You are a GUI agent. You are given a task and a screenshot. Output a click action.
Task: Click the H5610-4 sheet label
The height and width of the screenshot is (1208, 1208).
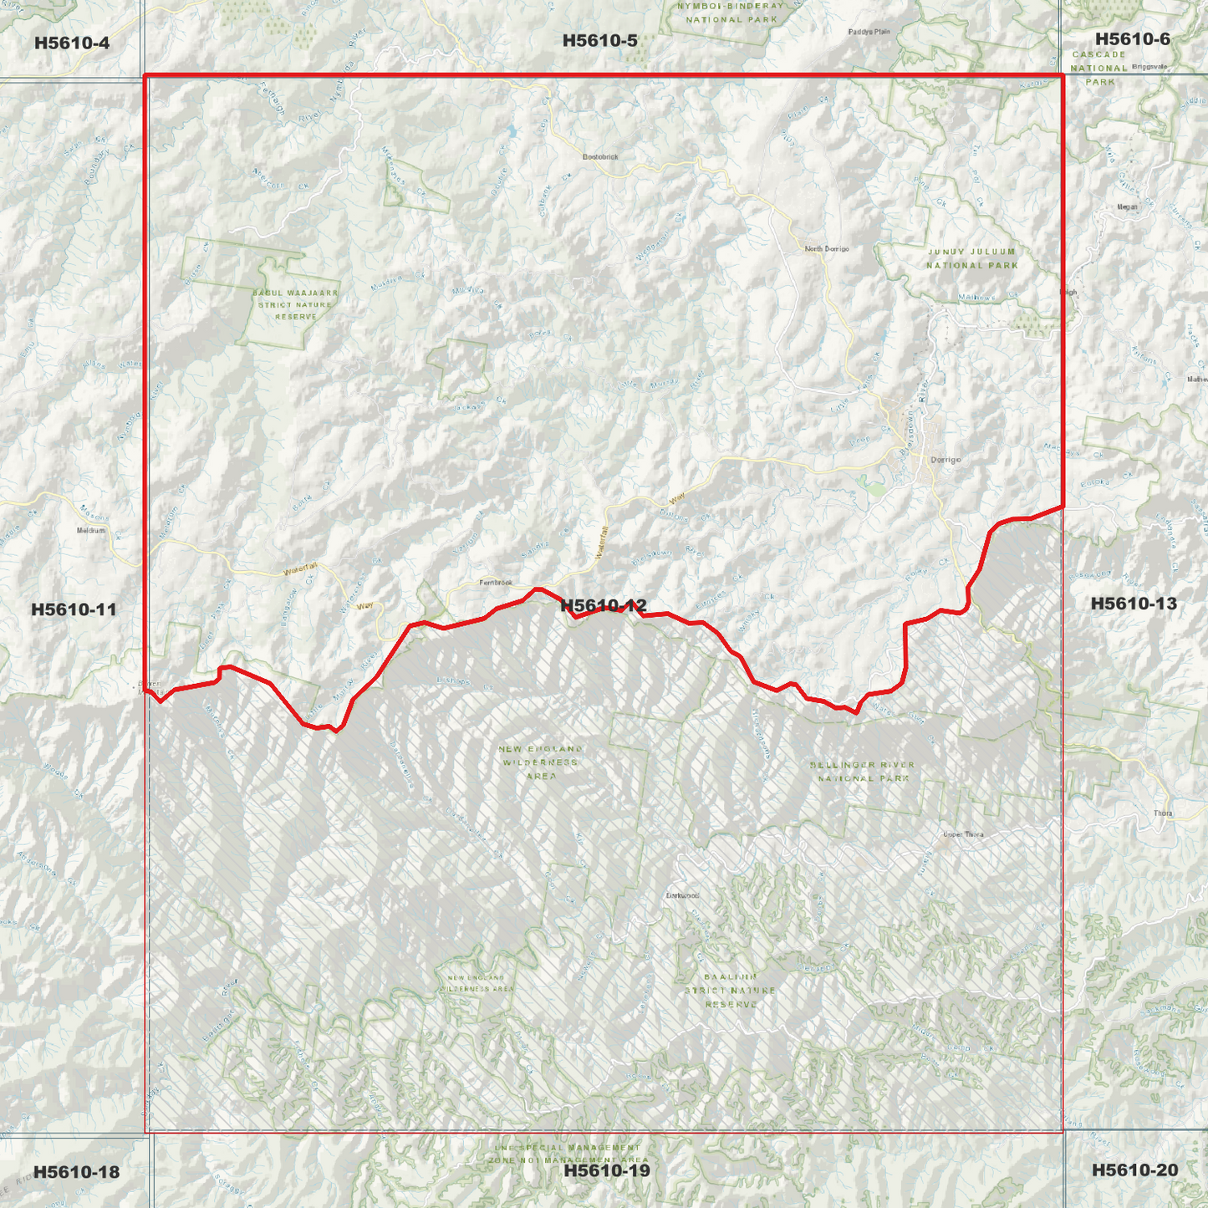[72, 43]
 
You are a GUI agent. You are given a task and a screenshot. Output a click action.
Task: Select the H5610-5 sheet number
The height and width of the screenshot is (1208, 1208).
[599, 40]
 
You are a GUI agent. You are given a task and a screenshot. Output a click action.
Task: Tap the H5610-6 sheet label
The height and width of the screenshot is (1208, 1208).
[1132, 39]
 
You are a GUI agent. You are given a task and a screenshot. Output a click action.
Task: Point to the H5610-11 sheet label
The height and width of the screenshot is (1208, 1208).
[74, 609]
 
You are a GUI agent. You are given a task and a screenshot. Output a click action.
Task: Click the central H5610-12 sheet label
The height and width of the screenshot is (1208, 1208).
[603, 605]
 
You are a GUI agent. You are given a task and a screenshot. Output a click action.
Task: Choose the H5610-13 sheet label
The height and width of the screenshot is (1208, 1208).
[1133, 604]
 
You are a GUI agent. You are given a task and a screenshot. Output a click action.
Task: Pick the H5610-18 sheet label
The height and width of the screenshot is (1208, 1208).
[76, 1172]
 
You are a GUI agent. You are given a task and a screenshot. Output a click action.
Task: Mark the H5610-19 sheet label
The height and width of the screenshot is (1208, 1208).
[606, 1170]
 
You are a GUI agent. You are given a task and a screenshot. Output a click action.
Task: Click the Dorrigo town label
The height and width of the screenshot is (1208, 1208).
[946, 460]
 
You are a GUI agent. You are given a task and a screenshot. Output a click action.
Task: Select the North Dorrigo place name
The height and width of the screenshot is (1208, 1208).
[826, 249]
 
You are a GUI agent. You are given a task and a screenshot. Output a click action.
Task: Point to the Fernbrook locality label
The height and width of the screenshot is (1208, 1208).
[496, 583]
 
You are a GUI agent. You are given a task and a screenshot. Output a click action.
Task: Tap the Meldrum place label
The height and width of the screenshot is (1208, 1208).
[91, 530]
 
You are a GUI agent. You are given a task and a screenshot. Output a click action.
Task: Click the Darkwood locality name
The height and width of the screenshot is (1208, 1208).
[682, 895]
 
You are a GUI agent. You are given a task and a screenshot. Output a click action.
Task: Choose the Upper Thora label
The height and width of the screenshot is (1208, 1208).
[963, 834]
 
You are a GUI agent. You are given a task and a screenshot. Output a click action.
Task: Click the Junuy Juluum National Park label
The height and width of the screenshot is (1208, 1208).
[971, 258]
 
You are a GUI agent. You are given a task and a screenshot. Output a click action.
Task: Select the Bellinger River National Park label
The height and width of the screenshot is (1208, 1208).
[862, 771]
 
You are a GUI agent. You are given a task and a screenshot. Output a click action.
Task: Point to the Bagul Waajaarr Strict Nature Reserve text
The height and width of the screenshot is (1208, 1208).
[296, 305]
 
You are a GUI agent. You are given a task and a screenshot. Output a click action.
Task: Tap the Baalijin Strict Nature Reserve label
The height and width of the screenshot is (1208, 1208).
[730, 990]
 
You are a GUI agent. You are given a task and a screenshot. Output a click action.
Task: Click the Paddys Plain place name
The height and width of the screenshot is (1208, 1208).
[869, 32]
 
